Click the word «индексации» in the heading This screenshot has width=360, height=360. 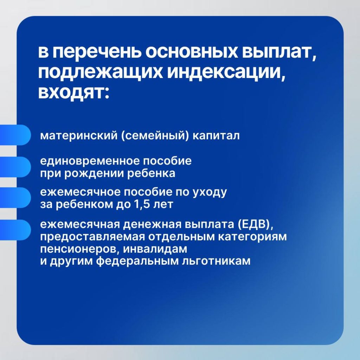click(x=224, y=73)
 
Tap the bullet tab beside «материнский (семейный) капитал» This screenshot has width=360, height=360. click(x=15, y=135)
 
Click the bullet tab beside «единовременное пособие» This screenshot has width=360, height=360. click(x=15, y=167)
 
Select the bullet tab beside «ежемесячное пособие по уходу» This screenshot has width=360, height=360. click(x=15, y=198)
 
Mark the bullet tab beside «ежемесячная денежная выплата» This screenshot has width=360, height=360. click(x=15, y=230)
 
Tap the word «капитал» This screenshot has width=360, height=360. click(x=216, y=135)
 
